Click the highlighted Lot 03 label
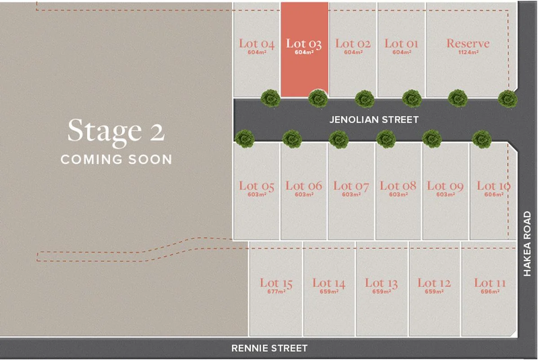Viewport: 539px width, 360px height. (304, 44)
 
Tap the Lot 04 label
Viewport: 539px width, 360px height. (256, 44)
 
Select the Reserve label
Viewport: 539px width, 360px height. (468, 44)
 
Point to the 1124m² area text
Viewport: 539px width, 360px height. (468, 52)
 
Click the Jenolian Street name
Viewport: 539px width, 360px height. (374, 120)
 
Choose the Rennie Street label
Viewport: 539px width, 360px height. (269, 348)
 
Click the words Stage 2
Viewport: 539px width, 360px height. (116, 131)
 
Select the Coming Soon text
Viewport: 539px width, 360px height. (116, 159)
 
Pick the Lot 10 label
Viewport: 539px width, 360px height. (493, 186)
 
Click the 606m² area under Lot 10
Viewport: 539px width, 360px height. (493, 195)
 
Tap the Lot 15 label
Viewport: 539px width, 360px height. (276, 283)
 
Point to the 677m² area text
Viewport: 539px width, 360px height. (276, 292)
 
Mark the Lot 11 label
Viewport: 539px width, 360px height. (490, 283)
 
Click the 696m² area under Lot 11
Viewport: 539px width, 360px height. (490, 292)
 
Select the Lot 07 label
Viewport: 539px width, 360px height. (351, 186)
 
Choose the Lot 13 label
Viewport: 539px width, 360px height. (381, 283)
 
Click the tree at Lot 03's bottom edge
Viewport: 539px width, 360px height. (318, 98)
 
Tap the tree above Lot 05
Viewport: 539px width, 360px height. (245, 139)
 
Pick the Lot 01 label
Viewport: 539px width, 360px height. (402, 44)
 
